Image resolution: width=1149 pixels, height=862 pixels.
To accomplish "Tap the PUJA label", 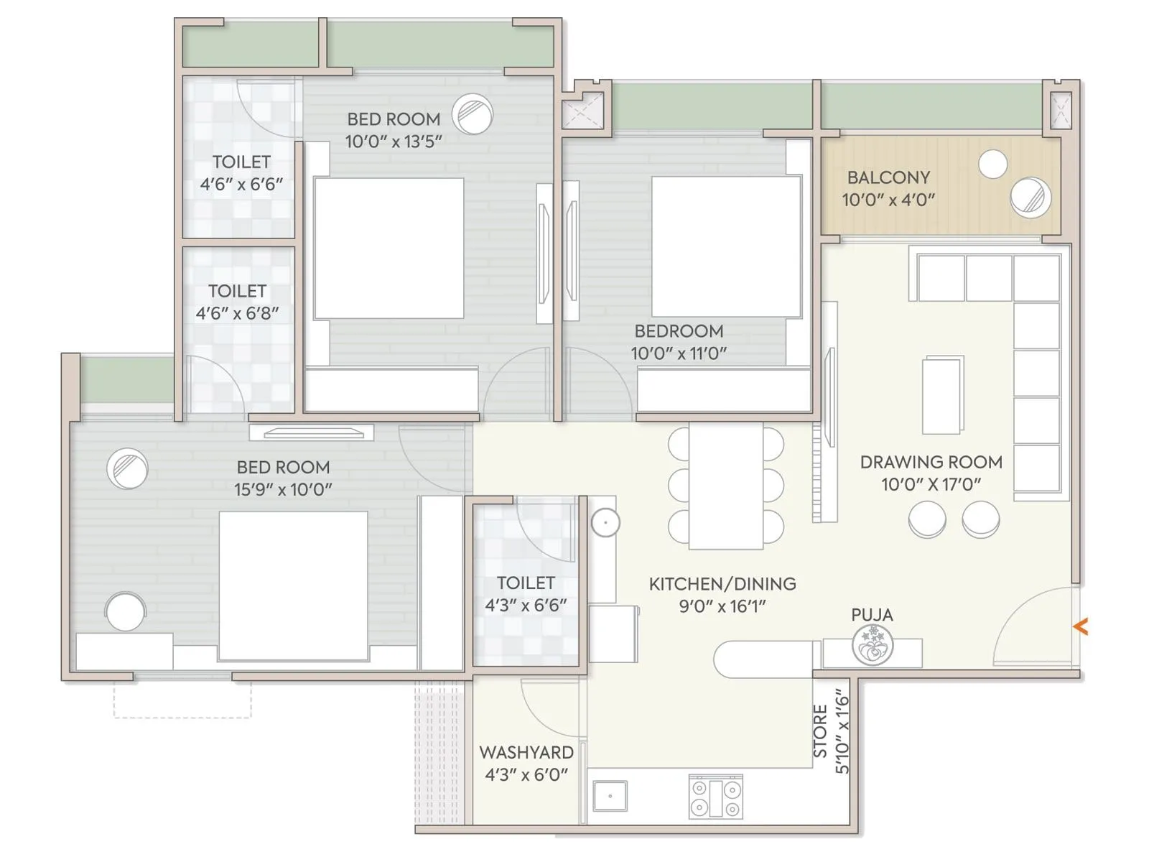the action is point(872,614).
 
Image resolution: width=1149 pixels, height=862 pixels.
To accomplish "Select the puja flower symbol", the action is point(872,646).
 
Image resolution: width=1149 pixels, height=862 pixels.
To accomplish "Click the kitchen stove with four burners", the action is point(715,797).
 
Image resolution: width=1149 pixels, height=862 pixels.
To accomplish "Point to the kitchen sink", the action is point(610,796).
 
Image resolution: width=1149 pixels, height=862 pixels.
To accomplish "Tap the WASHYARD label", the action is point(526,752).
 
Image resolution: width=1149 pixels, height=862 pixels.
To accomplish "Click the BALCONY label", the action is point(889,177).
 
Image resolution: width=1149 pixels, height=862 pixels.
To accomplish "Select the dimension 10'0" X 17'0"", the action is point(931,484).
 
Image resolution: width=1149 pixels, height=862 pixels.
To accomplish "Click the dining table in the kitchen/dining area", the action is point(725,485).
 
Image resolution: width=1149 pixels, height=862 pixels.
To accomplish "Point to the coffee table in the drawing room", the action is point(943,395).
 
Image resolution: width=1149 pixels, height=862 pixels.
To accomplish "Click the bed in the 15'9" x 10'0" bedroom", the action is point(293,587).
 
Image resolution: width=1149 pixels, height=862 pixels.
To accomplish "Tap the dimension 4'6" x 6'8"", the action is point(237,313).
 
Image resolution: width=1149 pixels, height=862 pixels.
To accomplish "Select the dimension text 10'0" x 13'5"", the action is point(394,142).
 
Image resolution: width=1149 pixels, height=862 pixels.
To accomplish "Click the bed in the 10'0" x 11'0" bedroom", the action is point(727,247).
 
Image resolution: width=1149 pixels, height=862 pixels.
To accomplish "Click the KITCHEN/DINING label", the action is point(722,583).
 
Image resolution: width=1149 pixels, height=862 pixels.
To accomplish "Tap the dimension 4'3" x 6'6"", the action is point(526,605).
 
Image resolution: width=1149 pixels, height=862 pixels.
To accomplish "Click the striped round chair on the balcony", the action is point(1031,198).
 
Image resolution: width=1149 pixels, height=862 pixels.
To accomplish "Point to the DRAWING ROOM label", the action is point(931,462).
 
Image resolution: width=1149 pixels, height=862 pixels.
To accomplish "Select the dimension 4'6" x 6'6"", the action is point(241,184).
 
